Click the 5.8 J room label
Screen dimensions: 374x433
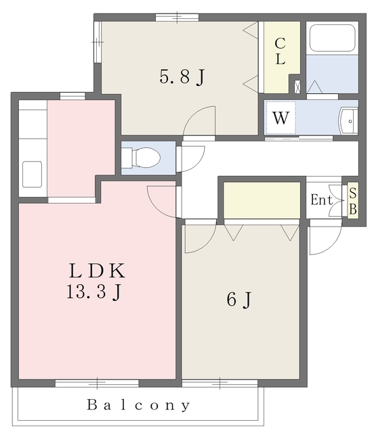[182, 76]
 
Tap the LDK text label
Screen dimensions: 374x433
[98, 271]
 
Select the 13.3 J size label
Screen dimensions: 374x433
[93, 292]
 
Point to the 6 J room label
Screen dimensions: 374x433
[239, 299]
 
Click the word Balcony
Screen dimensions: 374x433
[139, 405]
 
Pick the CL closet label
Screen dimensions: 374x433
[280, 51]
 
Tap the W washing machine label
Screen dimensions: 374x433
[280, 118]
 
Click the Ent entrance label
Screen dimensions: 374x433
[321, 200]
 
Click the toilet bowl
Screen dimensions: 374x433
[146, 158]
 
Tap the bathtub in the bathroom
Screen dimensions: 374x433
[332, 38]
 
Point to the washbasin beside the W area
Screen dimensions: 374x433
[348, 121]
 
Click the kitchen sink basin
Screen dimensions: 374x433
[32, 175]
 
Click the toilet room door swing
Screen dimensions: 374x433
[191, 159]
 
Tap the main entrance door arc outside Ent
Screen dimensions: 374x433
[326, 240]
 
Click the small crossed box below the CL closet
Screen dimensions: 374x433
[297, 87]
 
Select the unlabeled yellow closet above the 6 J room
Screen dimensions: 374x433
[262, 200]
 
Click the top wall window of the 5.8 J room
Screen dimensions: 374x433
[177, 18]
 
